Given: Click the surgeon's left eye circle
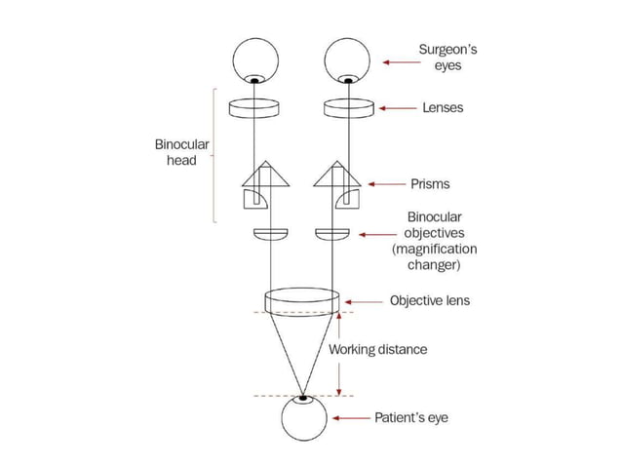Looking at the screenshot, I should tap(255, 61).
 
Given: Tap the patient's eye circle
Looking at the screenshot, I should tap(304, 419).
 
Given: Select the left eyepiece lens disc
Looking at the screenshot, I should tap(255, 108).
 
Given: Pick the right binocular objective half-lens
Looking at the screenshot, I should tap(331, 235).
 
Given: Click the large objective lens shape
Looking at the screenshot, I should tap(301, 299).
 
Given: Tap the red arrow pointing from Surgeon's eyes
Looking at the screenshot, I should tap(400, 61).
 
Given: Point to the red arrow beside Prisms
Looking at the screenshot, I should tap(388, 183).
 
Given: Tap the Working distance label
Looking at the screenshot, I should tap(377, 349).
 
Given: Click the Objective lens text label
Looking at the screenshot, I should tap(429, 300).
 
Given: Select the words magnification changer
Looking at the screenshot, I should tap(435, 256).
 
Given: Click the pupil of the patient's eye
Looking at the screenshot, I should tap(302, 398).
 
